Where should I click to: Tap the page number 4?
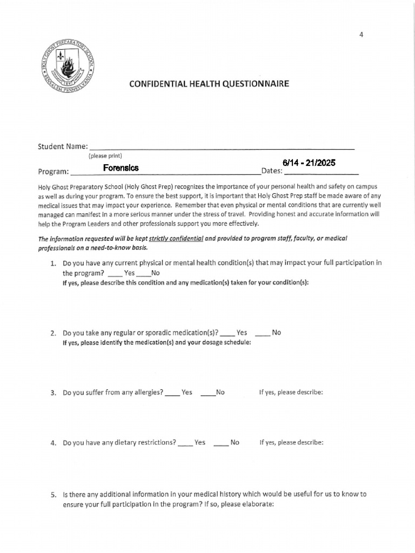tap(362, 35)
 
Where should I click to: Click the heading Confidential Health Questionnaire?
tap(209, 84)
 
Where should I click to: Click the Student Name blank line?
tap(222, 146)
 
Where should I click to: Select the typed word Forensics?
tap(121, 168)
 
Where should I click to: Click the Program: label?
tap(53, 172)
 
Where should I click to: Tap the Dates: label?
tap(272, 172)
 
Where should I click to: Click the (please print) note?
tap(105, 156)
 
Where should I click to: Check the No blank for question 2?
tap(262, 333)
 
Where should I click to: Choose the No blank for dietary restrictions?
tap(222, 443)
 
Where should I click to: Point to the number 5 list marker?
tap(53, 495)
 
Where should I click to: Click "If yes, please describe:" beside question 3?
tap(291, 393)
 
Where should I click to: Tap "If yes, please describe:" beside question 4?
tap(291, 443)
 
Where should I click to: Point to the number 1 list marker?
tap(53, 264)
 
